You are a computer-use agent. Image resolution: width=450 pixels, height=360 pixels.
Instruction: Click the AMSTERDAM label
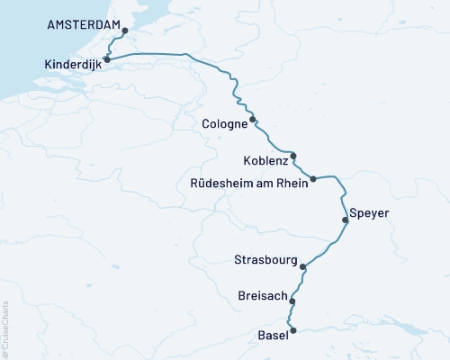pyautogui.click(x=83, y=28)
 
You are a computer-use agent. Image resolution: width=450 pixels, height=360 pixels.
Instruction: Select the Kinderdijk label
pyautogui.click(x=71, y=64)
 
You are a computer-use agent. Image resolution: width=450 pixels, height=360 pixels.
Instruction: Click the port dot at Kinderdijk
pyautogui.click(x=106, y=59)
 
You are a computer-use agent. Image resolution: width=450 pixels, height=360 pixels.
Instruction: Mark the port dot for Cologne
pyautogui.click(x=253, y=120)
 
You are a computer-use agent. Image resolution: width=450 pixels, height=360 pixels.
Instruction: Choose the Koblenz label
pyautogui.click(x=265, y=161)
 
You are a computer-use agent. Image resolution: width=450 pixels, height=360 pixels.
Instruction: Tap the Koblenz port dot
pyautogui.click(x=292, y=155)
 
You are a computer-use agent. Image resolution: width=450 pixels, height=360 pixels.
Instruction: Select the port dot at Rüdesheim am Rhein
pyautogui.click(x=313, y=179)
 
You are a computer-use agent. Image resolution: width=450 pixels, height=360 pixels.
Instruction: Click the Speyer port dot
pyautogui.click(x=345, y=220)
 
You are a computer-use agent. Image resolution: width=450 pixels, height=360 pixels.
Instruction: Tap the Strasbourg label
pyautogui.click(x=265, y=260)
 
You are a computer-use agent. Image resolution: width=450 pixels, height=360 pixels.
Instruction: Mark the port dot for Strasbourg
pyautogui.click(x=303, y=266)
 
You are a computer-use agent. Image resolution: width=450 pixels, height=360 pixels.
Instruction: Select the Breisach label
pyautogui.click(x=262, y=296)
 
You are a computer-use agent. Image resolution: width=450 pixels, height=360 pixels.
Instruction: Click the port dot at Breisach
pyautogui.click(x=292, y=301)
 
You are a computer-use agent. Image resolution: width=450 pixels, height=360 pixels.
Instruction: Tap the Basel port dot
pyautogui.click(x=292, y=330)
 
